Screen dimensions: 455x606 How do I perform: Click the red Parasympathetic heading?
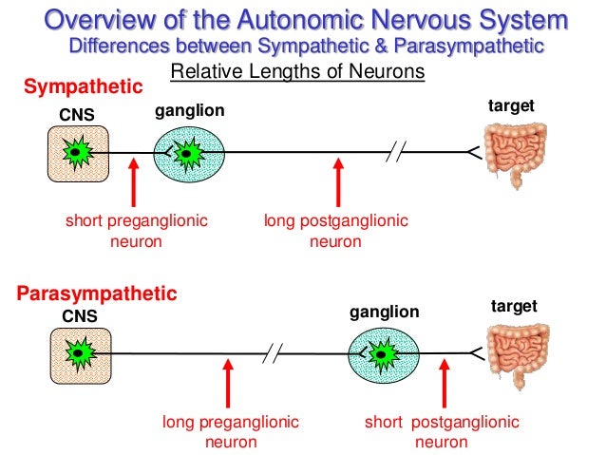97,294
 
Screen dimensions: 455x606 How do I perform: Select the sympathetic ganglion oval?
189,152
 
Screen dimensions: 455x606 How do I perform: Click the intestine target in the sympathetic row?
514,152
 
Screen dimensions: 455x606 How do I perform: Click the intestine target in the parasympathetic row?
514,355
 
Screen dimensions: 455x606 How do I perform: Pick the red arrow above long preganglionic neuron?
229,385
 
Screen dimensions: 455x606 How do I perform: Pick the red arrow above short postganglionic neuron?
443,385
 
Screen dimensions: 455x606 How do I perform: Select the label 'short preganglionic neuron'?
136,231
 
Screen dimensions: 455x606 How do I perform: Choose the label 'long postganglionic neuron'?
335,231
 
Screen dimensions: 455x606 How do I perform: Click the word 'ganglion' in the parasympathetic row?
385,311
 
